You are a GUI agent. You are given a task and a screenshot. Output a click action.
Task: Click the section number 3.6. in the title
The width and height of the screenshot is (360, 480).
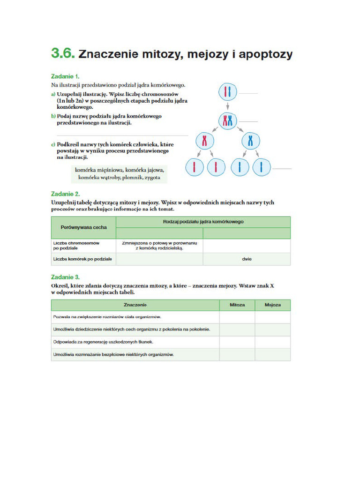click(x=63, y=53)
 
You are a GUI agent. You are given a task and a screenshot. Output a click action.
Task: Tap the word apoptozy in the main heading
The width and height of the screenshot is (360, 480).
click(x=265, y=54)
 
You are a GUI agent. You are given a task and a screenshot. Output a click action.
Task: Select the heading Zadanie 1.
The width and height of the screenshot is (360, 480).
click(x=65, y=76)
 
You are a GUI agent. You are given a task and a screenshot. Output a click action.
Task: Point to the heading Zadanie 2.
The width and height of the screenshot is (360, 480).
click(x=65, y=193)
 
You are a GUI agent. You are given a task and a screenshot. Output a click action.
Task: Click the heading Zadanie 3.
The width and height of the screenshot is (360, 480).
click(x=65, y=277)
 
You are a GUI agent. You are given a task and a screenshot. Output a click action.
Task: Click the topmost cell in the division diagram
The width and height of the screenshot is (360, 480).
click(x=227, y=92)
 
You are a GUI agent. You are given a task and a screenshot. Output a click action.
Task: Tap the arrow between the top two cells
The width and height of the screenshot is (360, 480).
click(x=227, y=106)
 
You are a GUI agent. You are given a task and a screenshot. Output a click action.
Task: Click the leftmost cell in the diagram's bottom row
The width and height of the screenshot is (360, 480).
click(x=194, y=167)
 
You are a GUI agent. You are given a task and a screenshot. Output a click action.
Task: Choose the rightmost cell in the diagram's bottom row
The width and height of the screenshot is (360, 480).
click(x=261, y=167)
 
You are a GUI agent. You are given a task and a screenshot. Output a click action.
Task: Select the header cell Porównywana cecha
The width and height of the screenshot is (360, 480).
click(x=83, y=227)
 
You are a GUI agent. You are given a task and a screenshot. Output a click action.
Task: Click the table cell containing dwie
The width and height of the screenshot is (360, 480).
click(x=247, y=259)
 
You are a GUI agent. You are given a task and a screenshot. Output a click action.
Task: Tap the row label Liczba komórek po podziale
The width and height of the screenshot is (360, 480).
click(x=82, y=259)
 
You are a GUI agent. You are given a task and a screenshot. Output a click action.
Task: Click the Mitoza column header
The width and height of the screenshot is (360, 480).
click(x=237, y=305)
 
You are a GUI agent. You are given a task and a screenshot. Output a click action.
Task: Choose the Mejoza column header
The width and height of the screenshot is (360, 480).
click(x=272, y=305)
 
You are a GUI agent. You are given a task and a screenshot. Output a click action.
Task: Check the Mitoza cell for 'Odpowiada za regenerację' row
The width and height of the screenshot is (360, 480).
click(x=237, y=342)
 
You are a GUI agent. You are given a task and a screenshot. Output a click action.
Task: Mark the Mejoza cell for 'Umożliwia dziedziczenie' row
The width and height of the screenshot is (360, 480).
click(x=272, y=330)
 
